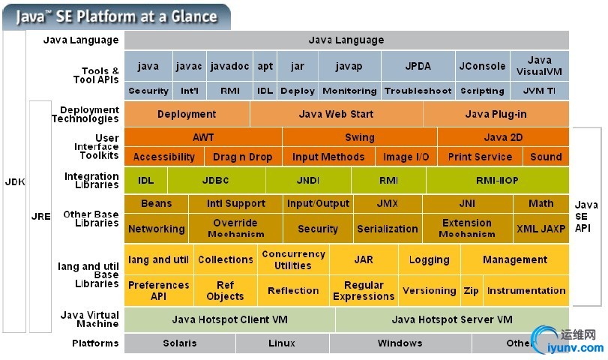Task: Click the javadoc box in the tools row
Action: pyautogui.click(x=229, y=66)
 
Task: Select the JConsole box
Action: pyautogui.click(x=482, y=66)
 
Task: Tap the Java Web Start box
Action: pyautogui.click(x=336, y=114)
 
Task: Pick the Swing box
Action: pyautogui.click(x=360, y=137)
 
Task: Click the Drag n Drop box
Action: pyautogui.click(x=242, y=157)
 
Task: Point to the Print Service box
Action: pyautogui.click(x=480, y=157)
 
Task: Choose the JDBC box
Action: pyautogui.click(x=217, y=181)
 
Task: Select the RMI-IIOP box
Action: pyautogui.click(x=497, y=181)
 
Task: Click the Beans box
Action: pyautogui.click(x=156, y=203)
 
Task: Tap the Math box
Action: pyautogui.click(x=541, y=203)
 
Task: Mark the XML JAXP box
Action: pyautogui.click(x=541, y=229)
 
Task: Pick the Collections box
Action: pyautogui.click(x=225, y=259)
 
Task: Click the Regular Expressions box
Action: pyautogui.click(x=364, y=290)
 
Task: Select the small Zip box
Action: pyautogui.click(x=471, y=290)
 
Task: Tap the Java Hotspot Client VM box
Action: pyautogui.click(x=229, y=319)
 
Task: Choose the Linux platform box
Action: pyautogui.click(x=282, y=343)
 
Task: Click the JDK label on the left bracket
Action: pyautogui.click(x=15, y=182)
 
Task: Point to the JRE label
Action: pyautogui.click(x=40, y=216)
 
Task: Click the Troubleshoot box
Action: pyautogui.click(x=418, y=91)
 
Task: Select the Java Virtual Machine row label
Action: pyautogui.click(x=88, y=319)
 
